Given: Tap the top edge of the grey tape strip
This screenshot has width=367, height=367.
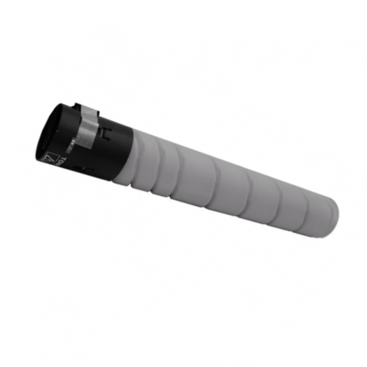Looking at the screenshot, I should pyautogui.click(x=90, y=109).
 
